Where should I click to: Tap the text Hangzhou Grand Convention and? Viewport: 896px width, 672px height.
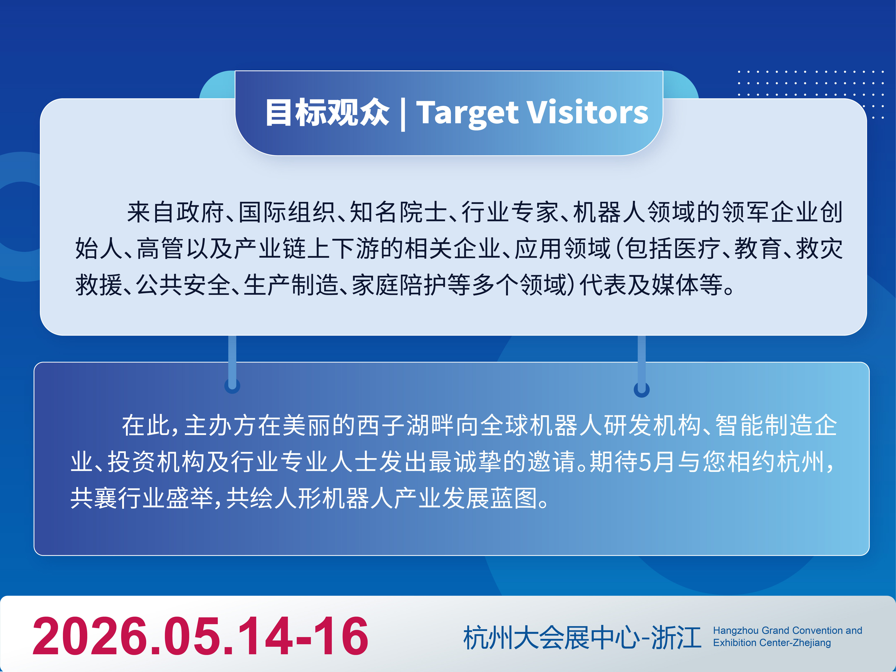787,630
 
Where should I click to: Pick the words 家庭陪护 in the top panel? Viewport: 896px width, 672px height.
399,285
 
